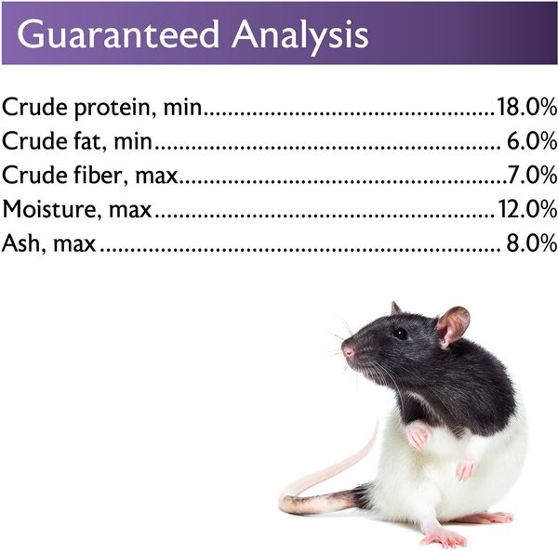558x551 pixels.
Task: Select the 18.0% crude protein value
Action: (x=526, y=108)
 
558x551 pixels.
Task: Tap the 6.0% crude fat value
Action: (x=533, y=141)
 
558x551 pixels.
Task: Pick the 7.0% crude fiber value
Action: (x=533, y=175)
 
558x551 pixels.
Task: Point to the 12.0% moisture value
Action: (x=526, y=209)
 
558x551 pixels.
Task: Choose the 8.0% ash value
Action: (x=533, y=243)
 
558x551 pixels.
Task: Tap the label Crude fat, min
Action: (x=76, y=142)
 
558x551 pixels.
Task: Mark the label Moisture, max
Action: (x=77, y=209)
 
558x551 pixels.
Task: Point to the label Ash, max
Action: (x=48, y=243)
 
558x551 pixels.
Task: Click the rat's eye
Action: (x=399, y=333)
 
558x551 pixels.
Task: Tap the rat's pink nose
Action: (x=347, y=352)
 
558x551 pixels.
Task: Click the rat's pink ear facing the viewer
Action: (x=453, y=326)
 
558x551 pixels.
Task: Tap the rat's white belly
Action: (x=418, y=488)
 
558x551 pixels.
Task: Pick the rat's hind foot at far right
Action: (x=493, y=517)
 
